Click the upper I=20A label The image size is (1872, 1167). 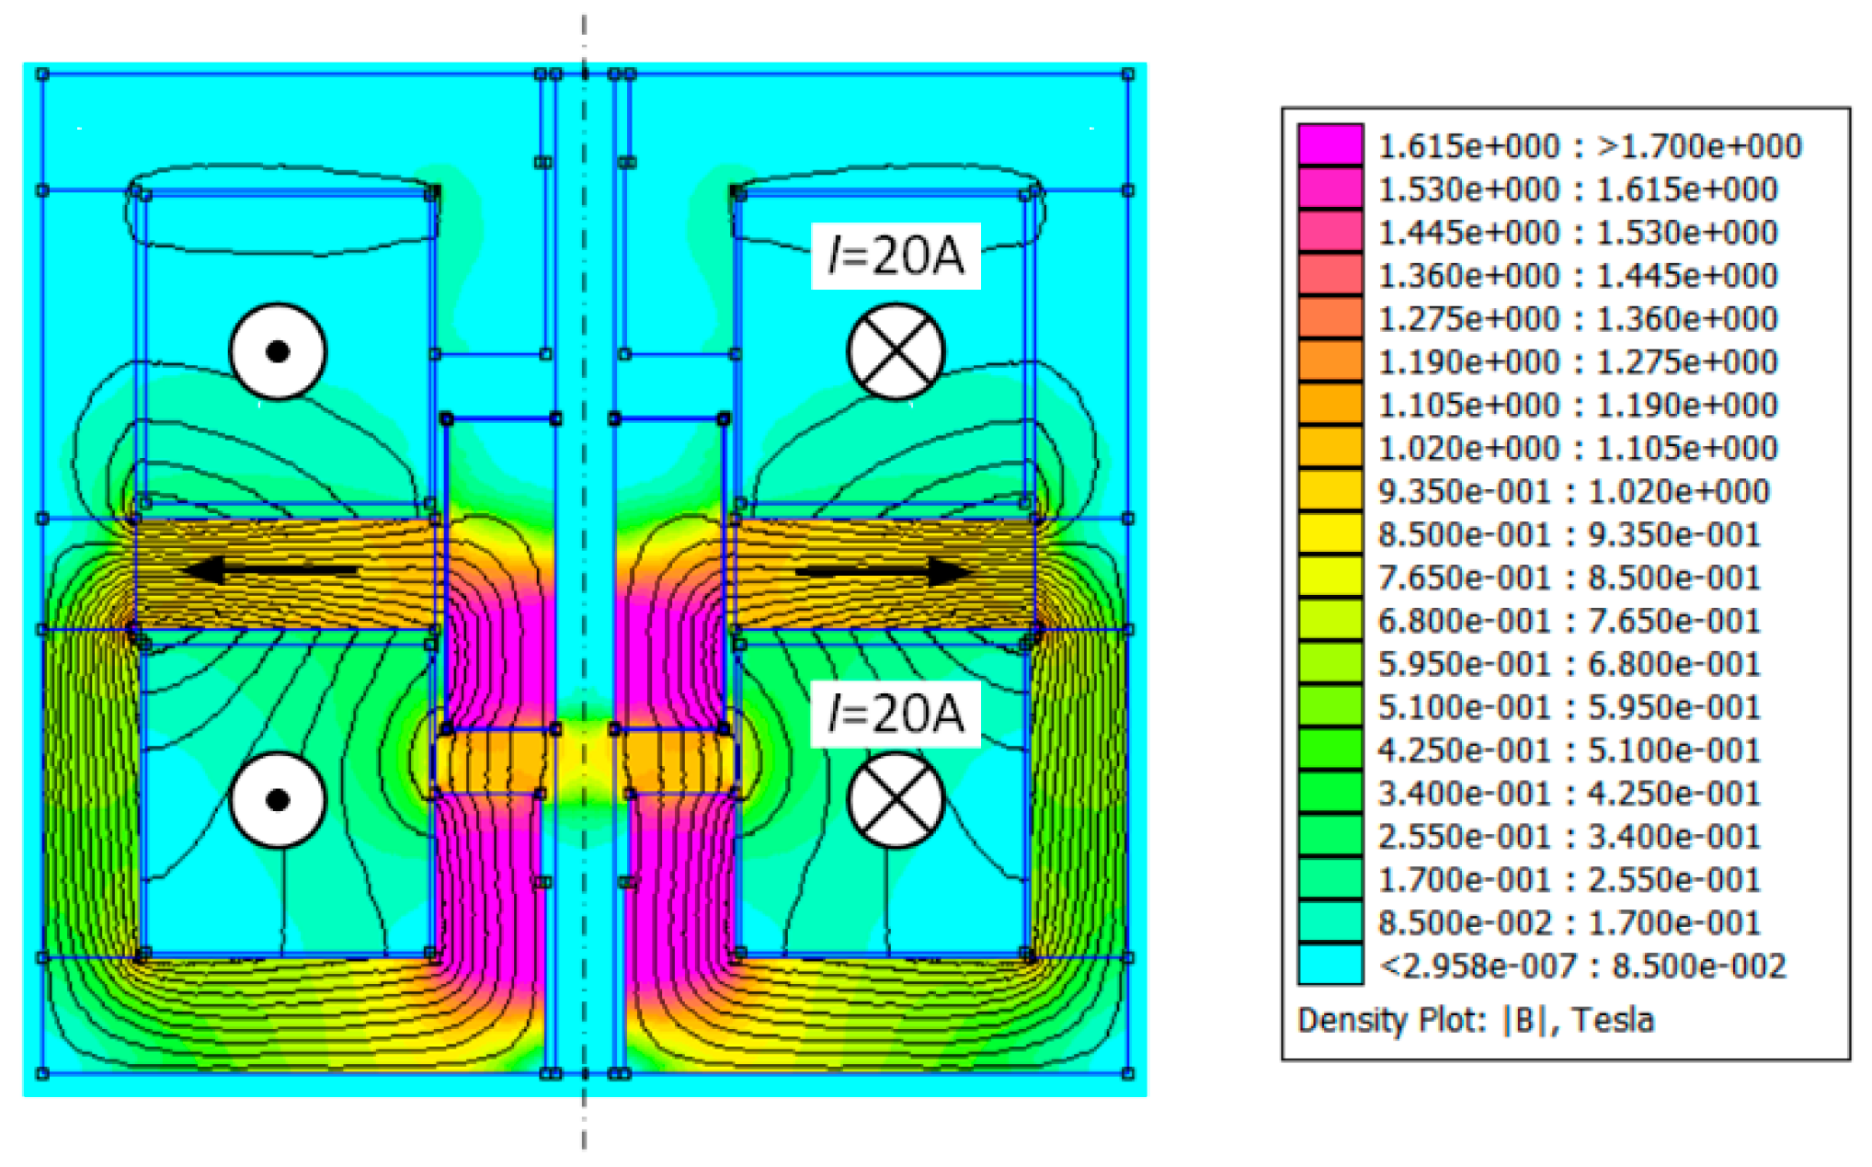pos(896,256)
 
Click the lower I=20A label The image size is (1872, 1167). pos(896,714)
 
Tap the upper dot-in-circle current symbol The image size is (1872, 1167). pos(278,351)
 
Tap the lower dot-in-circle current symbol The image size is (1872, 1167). pos(278,799)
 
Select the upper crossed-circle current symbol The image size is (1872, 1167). pos(896,352)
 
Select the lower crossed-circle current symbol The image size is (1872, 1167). pos(896,799)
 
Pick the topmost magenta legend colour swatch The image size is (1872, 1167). pos(1330,145)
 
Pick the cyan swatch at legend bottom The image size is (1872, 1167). pos(1330,966)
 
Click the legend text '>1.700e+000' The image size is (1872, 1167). pos(1699,146)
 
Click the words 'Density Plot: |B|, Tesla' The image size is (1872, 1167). pos(1475,1020)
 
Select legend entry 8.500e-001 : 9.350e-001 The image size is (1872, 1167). pos(1569,534)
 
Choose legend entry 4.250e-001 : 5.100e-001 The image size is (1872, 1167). pos(1569,750)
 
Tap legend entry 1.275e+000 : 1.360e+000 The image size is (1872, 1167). pos(1577,318)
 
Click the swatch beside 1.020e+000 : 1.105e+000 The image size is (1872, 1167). pos(1330,448)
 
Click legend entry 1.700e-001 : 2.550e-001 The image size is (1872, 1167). pos(1569,880)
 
